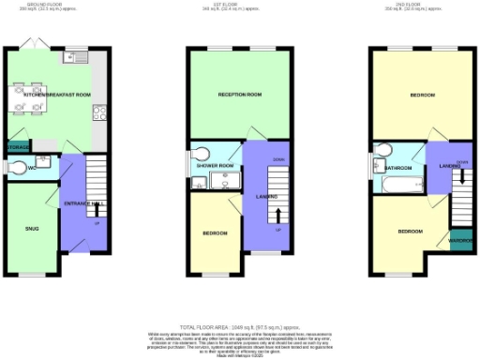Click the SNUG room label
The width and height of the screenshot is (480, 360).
(32, 227)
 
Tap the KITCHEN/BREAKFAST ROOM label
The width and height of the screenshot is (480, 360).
(57, 95)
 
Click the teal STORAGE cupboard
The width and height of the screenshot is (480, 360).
(17, 147)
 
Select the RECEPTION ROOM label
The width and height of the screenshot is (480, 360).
(239, 95)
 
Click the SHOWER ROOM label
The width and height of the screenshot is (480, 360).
(215, 166)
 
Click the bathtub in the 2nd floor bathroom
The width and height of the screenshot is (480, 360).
(397, 184)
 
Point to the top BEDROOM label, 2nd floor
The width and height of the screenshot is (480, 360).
(422, 95)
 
